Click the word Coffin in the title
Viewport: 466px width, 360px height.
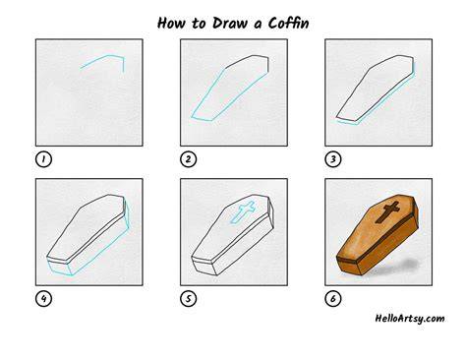pyautogui.click(x=288, y=23)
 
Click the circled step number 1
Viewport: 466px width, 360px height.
pyautogui.click(x=43, y=159)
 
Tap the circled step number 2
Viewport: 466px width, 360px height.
pyautogui.click(x=189, y=159)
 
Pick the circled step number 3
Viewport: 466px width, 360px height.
pyautogui.click(x=333, y=159)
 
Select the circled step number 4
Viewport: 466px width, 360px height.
pyautogui.click(x=43, y=299)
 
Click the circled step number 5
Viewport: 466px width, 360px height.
pyautogui.click(x=189, y=299)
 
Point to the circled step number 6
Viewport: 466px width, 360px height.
pyautogui.click(x=333, y=299)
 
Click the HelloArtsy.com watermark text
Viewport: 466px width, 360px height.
pyautogui.click(x=410, y=319)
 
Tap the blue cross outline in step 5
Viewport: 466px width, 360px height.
pyautogui.click(x=243, y=211)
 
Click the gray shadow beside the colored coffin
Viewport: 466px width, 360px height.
pyautogui.click(x=405, y=265)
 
